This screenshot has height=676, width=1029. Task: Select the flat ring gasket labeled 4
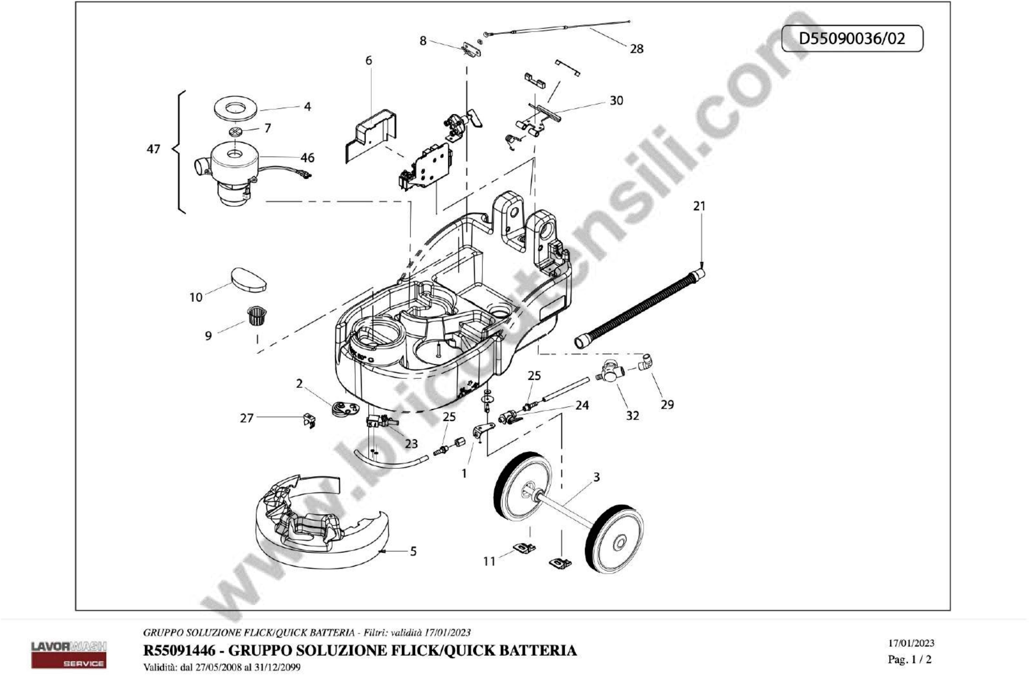pyautogui.click(x=236, y=108)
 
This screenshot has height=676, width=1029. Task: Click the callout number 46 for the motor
pyautogui.click(x=307, y=158)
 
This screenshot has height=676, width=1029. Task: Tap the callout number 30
pyautogui.click(x=616, y=101)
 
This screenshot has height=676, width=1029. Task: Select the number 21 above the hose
pyautogui.click(x=699, y=207)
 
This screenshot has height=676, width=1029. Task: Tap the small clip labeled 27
pyautogui.click(x=309, y=420)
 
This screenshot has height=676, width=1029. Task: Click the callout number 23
pyautogui.click(x=411, y=444)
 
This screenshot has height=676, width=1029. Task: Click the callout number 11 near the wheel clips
pyautogui.click(x=489, y=561)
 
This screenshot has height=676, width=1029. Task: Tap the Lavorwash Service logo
pyautogui.click(x=69, y=654)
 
